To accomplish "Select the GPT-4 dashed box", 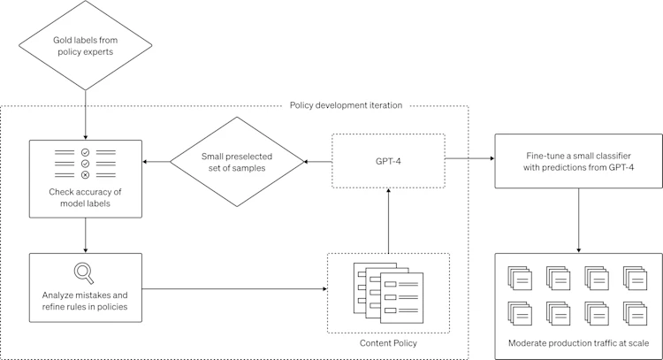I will [x=387, y=162].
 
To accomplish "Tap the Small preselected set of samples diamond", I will [x=236, y=162].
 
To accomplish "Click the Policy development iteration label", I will [x=346, y=105].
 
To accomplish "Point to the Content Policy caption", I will [x=387, y=342].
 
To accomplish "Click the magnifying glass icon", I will [x=86, y=271].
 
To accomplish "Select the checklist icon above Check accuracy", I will [x=86, y=164].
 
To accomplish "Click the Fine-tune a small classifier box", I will [x=578, y=162].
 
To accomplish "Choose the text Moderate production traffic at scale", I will [x=578, y=342].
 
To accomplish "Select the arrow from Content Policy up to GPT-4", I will [x=388, y=221].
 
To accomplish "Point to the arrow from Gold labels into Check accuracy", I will [x=86, y=111].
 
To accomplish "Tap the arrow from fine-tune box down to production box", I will [x=578, y=221].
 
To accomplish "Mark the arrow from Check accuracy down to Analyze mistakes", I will [x=86, y=235].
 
